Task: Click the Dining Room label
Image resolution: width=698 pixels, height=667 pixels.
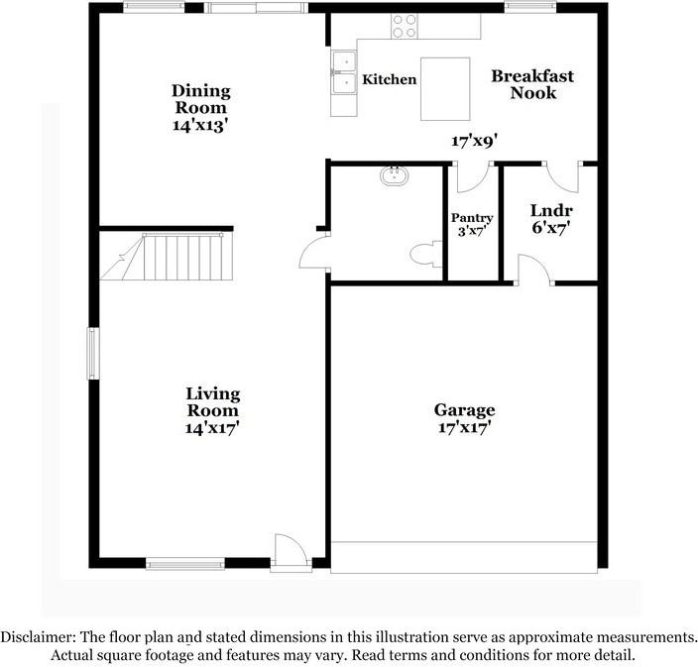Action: (201, 99)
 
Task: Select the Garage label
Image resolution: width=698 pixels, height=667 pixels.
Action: (464, 410)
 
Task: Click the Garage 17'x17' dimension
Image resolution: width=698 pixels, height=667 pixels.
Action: (464, 428)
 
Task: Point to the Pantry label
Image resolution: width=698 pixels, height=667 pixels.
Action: (472, 218)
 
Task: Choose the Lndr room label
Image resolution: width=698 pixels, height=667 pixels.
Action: (551, 210)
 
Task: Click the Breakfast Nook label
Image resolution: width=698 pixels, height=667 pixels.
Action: (532, 84)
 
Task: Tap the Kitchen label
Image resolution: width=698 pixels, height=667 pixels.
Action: (389, 79)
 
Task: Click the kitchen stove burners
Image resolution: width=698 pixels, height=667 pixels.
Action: (405, 26)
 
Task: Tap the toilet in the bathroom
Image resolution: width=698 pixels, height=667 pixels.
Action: (422, 255)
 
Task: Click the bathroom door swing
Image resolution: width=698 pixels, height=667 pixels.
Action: (313, 251)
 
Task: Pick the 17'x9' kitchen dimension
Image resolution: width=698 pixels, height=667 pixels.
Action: (474, 141)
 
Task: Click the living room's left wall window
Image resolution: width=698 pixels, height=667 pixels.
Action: (92, 354)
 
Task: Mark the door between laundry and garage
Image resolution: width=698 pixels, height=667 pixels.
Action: (530, 270)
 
